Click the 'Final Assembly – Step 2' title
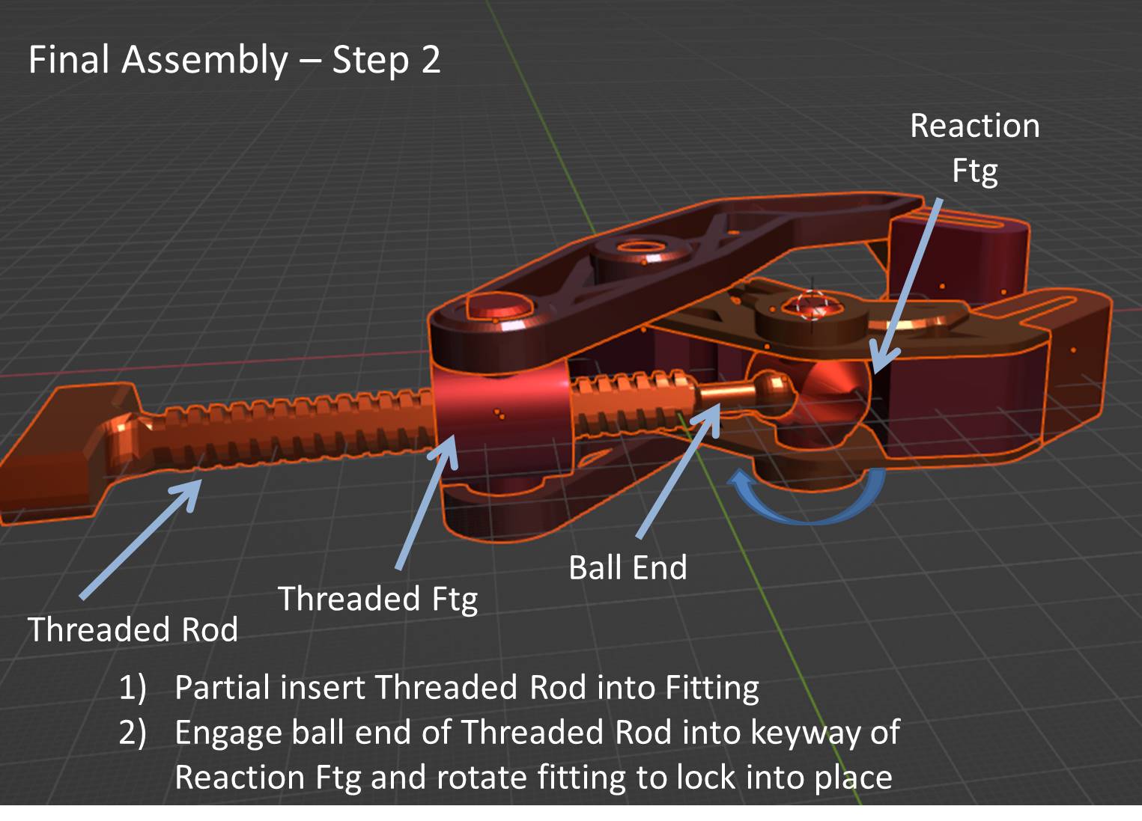(x=234, y=60)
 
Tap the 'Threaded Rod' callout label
(x=133, y=629)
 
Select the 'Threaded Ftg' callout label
(x=377, y=599)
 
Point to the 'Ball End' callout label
(x=628, y=567)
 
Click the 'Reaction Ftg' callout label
(x=974, y=147)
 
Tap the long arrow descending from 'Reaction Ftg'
(x=909, y=284)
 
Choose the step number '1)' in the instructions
(x=132, y=687)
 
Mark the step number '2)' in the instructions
(x=132, y=732)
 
